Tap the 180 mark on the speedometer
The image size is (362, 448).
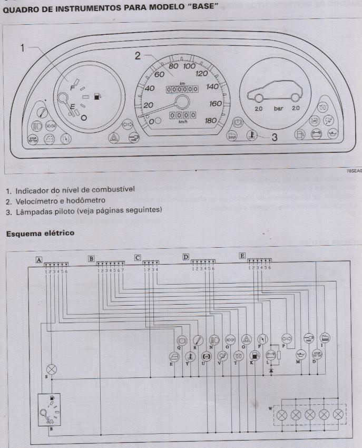click(x=210, y=120)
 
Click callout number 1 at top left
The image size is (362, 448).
click(x=24, y=48)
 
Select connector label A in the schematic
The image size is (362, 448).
click(x=39, y=259)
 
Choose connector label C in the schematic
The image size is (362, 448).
click(x=138, y=258)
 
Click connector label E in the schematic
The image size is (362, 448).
click(x=242, y=256)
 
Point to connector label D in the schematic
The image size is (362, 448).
click(x=185, y=257)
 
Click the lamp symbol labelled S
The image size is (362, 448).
click(x=52, y=368)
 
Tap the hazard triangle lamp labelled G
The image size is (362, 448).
click(x=246, y=340)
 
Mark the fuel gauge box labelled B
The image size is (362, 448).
click(x=47, y=412)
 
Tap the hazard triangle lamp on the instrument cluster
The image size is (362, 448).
click(x=113, y=138)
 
